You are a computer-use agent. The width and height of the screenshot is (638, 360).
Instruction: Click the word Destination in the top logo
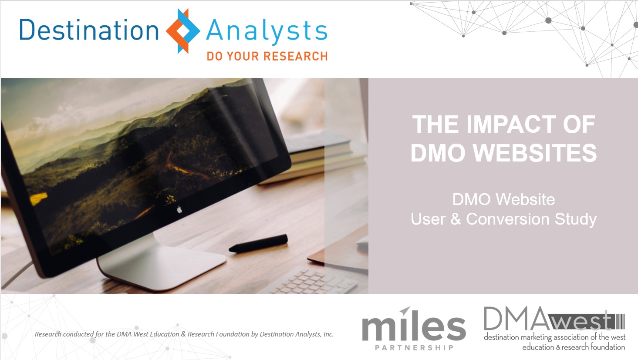[x=89, y=30]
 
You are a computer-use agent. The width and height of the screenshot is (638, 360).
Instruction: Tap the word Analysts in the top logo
[x=267, y=31]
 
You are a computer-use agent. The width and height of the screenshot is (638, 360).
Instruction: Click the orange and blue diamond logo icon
[x=183, y=31]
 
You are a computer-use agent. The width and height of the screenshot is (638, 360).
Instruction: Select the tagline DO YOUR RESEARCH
[x=267, y=56]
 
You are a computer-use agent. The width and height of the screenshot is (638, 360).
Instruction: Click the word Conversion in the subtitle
[x=507, y=219]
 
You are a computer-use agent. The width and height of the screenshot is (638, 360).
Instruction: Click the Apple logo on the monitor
[x=179, y=210]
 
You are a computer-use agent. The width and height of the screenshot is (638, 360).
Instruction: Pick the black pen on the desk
[x=258, y=243]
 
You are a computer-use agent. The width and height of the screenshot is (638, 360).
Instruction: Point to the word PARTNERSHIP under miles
[x=414, y=348]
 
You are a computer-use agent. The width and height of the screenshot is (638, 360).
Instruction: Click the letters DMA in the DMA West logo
[x=516, y=318]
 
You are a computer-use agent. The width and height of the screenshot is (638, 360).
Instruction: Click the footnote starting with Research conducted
[x=184, y=334]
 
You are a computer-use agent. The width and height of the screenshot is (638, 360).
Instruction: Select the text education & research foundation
[x=574, y=347]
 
